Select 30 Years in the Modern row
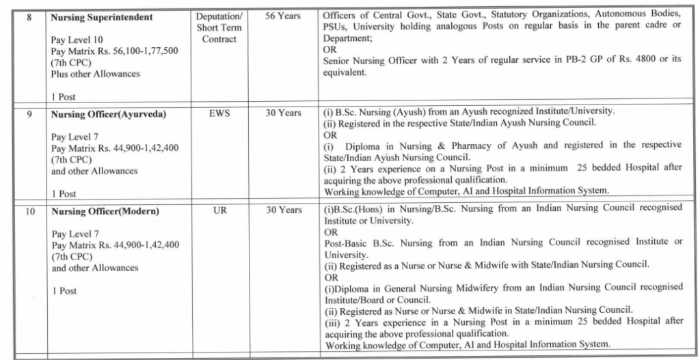pos(283,210)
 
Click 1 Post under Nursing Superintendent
pos(64,96)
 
